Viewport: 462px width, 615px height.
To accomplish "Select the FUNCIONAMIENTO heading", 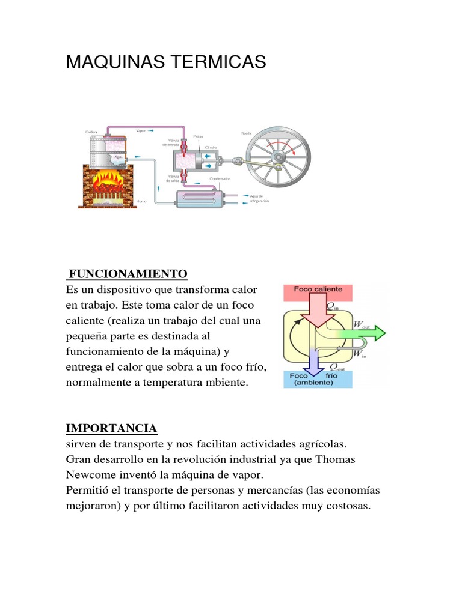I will click(x=128, y=274).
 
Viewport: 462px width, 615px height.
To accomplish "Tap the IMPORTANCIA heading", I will click(x=111, y=428).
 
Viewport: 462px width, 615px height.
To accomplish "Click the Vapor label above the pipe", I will click(x=142, y=130).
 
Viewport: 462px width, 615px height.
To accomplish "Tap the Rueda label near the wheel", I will click(x=246, y=133).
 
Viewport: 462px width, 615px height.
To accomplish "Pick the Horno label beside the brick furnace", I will click(x=142, y=201).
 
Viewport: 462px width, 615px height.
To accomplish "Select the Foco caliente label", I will click(x=318, y=289).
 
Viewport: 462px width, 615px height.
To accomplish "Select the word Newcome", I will click(x=88, y=475).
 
